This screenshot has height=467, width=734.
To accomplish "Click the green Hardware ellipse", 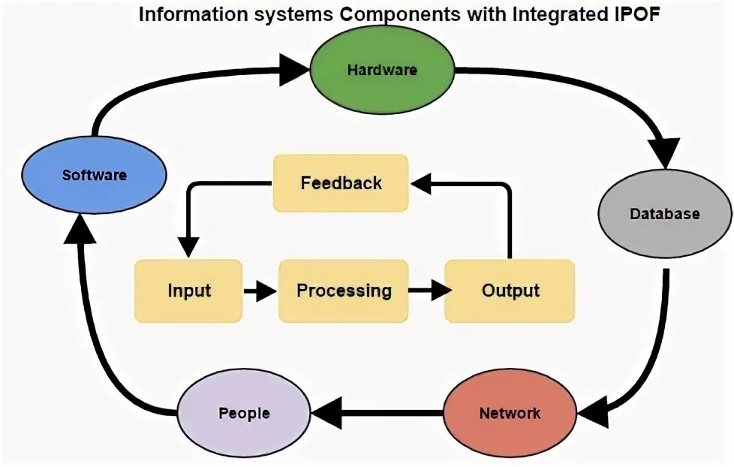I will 381,70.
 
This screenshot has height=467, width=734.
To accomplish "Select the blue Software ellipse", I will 94,176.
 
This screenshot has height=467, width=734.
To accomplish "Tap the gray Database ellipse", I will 663,214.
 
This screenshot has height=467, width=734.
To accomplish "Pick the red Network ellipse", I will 509,413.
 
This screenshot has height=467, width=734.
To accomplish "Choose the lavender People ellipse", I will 244,413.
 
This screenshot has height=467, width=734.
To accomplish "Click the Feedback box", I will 341,182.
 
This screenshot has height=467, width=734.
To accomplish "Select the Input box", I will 188,291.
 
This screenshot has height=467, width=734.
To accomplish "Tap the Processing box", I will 344,291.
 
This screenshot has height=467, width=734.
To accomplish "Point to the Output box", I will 510,291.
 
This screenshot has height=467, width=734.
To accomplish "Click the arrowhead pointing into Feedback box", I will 421,182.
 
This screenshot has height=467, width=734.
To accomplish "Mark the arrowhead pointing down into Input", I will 188,246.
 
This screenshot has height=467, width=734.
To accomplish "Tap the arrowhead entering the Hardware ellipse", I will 293,70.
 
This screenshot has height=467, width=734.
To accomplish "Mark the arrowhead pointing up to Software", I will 81,230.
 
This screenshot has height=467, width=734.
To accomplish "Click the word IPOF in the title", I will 635,15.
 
